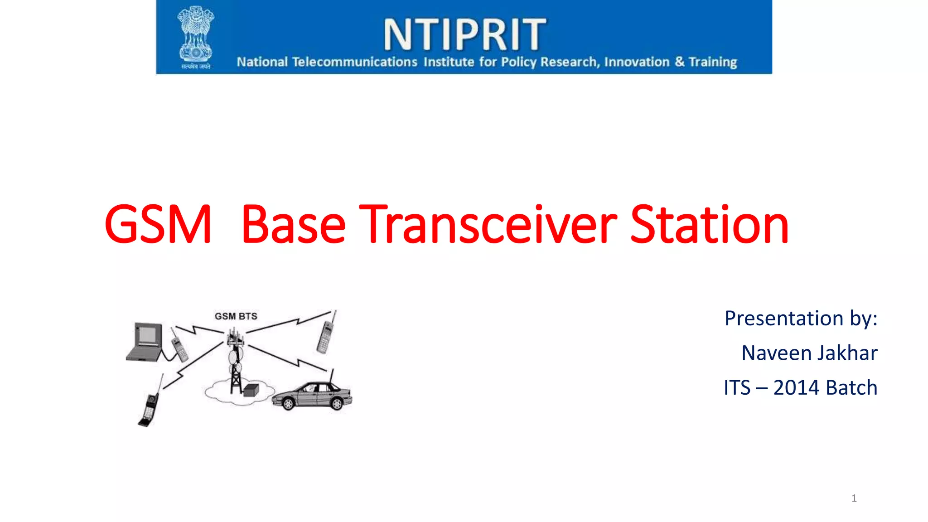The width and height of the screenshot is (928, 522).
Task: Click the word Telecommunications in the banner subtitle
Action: tap(354, 62)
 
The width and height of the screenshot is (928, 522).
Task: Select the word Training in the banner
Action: tap(713, 62)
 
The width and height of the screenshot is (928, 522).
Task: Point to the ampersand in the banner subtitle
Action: tap(679, 62)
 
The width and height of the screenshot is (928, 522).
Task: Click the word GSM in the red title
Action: tap(158, 224)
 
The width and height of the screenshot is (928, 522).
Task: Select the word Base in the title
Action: tap(293, 224)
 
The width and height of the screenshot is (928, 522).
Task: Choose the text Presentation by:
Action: tap(801, 318)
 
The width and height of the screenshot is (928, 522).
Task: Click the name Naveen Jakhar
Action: tap(809, 353)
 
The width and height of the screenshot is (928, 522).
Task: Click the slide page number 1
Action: tap(854, 498)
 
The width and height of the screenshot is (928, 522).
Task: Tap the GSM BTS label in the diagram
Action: tap(236, 316)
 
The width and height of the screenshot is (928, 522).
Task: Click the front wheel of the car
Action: tap(288, 403)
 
